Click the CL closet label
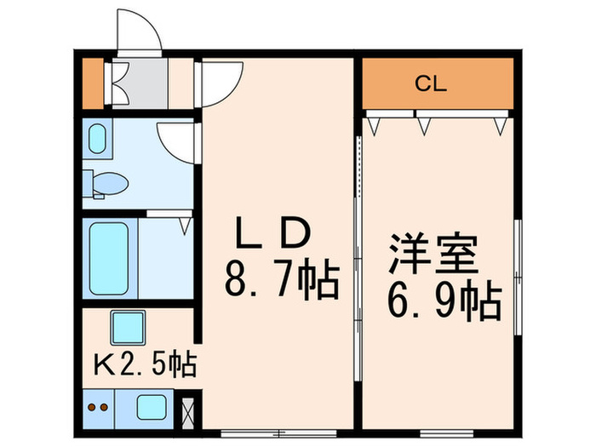coord(432,83)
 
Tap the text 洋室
coord(433,253)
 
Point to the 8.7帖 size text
coord(281,278)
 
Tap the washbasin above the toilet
coord(98,139)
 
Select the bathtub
coord(109,259)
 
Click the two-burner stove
coord(99,407)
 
